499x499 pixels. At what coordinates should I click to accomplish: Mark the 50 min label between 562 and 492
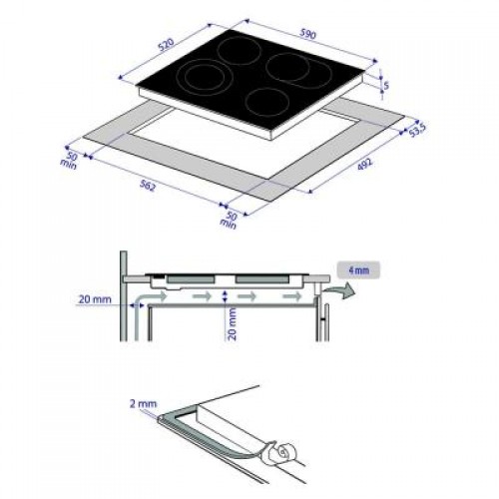click(x=230, y=221)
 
